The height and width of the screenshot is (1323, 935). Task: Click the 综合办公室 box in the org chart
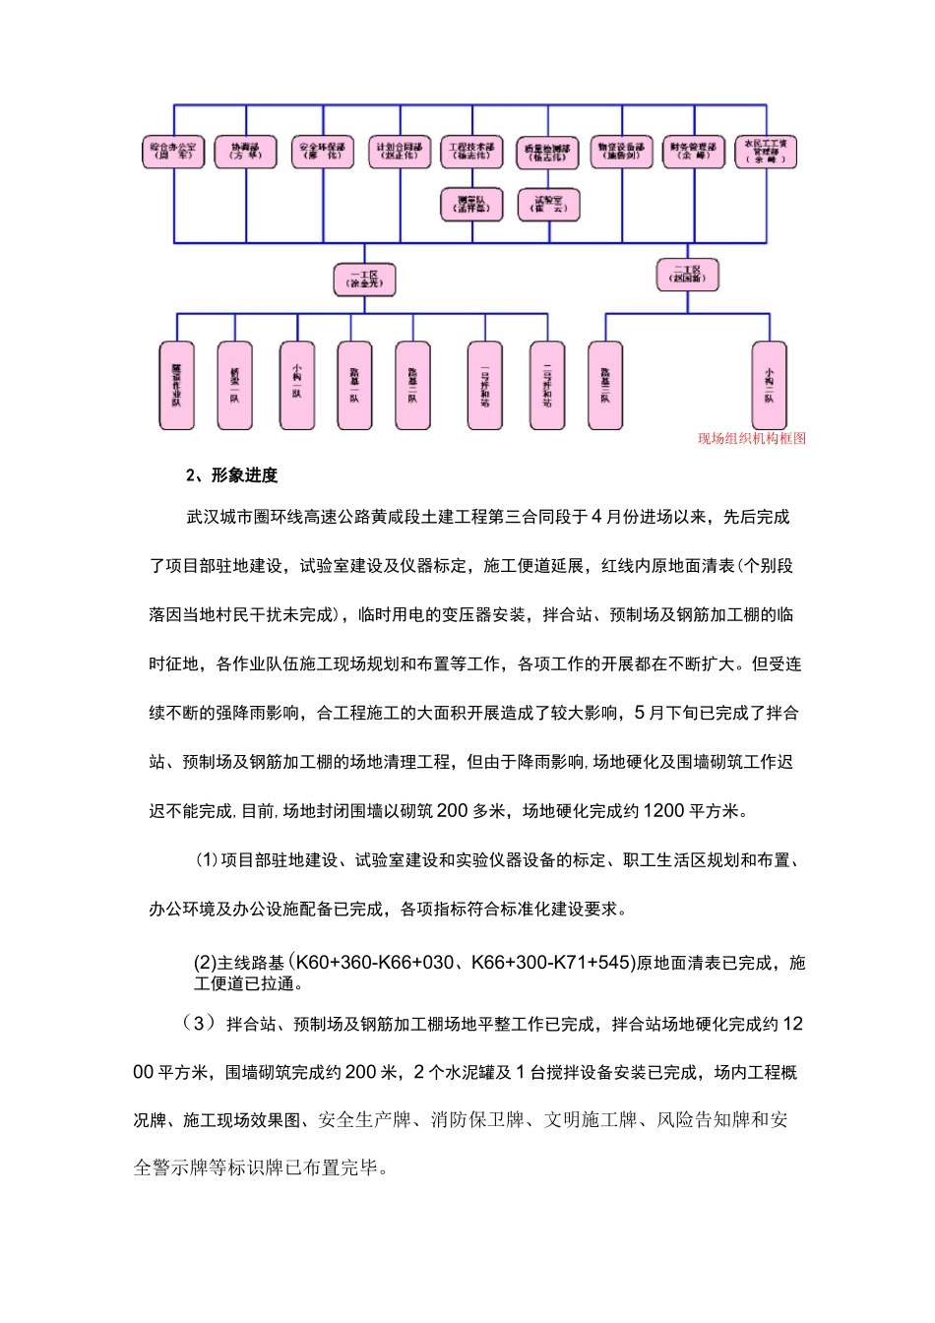coord(173,153)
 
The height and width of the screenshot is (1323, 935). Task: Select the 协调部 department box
coord(246,153)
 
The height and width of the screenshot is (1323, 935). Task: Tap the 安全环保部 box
coord(322,153)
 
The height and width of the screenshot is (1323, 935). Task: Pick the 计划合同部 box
coord(399,153)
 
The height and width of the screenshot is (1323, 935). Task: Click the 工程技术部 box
coord(472,153)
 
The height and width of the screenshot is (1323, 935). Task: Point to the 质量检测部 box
coord(547,154)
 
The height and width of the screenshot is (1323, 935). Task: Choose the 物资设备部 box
coord(621,153)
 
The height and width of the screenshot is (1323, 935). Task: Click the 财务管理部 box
coord(694,153)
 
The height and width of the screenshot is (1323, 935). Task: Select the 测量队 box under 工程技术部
coord(472,205)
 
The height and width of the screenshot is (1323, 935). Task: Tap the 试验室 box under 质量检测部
coord(548,205)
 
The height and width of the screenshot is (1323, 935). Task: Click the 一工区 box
coord(364,280)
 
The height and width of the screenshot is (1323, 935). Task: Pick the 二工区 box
coord(687,275)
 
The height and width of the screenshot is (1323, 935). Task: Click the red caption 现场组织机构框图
coord(752,439)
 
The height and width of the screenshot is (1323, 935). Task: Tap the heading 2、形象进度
coord(232,475)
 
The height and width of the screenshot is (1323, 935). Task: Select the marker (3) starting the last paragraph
coord(198,1023)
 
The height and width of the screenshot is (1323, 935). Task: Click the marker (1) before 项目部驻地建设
coord(207,860)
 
